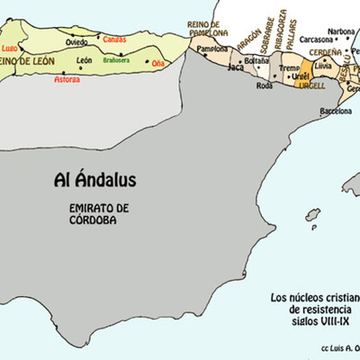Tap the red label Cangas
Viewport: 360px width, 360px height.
click(x=115, y=40)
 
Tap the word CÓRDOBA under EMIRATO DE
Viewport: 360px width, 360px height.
click(x=99, y=219)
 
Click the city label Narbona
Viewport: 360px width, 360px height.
click(x=341, y=31)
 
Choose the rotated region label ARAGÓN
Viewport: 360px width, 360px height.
click(x=242, y=39)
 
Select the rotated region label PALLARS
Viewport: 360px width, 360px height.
click(x=296, y=37)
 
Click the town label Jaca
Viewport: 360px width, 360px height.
click(x=236, y=67)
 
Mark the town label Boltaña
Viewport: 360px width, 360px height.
click(x=256, y=60)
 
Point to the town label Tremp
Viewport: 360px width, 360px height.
click(x=290, y=67)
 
